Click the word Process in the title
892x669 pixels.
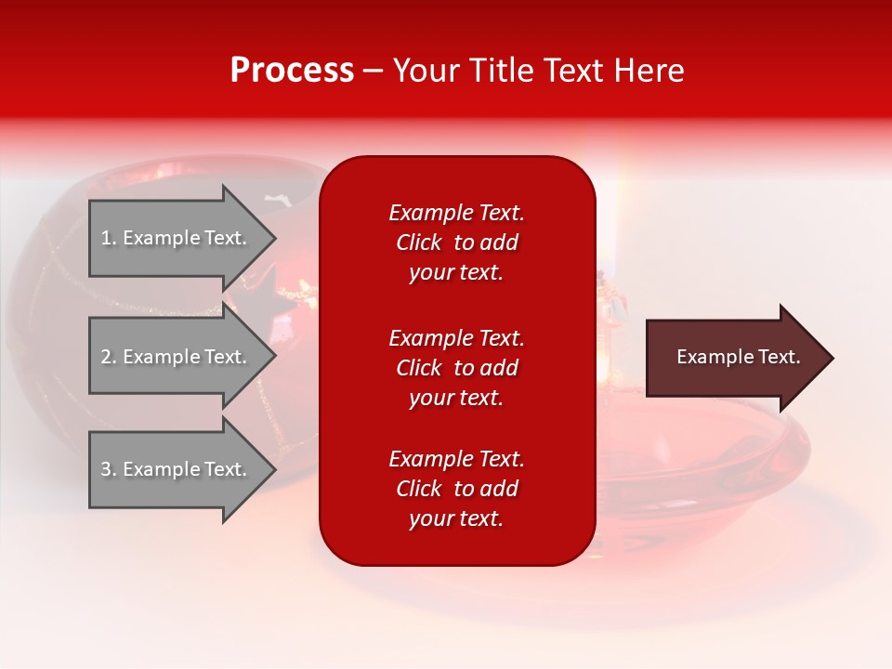pyautogui.click(x=292, y=71)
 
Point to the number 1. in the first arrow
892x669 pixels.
pyautogui.click(x=108, y=238)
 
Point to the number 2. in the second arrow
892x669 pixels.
pyautogui.click(x=108, y=357)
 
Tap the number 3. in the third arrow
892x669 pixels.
pyautogui.click(x=108, y=469)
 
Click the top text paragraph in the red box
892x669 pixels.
pyautogui.click(x=456, y=243)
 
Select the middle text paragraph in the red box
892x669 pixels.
pyautogui.click(x=456, y=368)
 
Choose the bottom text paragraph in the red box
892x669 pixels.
pyautogui.click(x=456, y=489)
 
